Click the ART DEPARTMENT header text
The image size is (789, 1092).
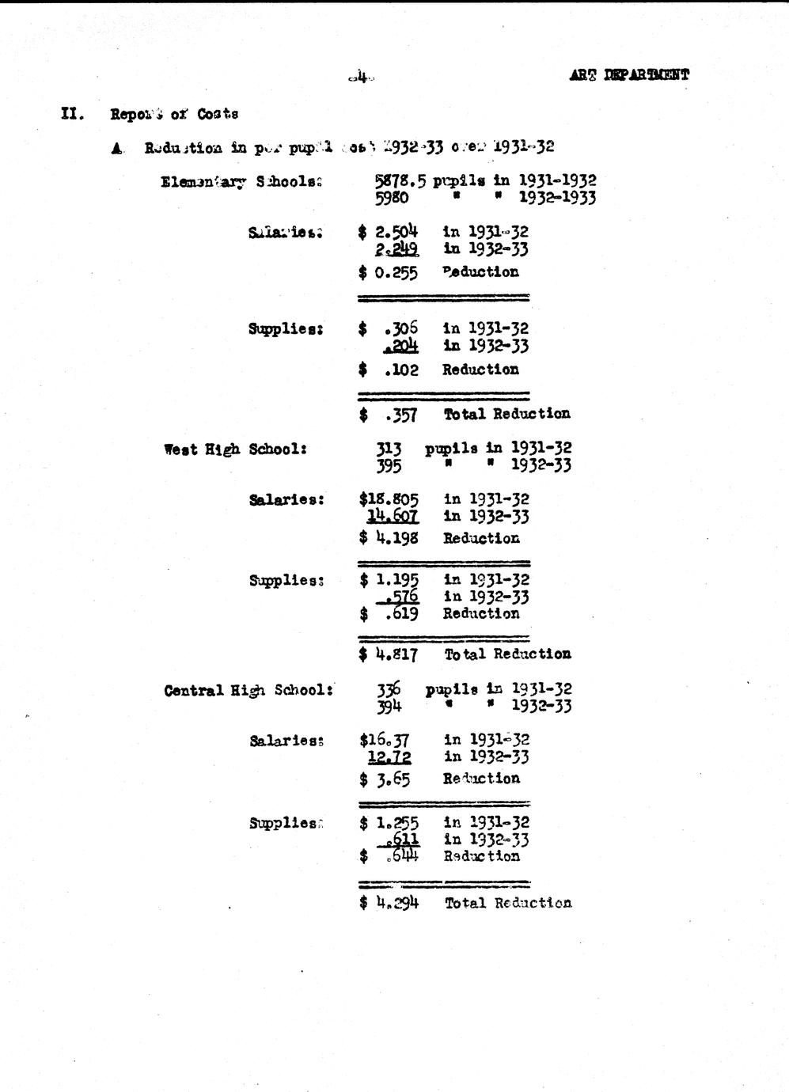[x=628, y=75]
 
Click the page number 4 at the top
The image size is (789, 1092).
[x=360, y=78]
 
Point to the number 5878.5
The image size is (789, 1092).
[x=400, y=180]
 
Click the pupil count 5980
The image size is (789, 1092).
[x=392, y=198]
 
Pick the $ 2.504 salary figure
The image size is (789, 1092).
[x=388, y=232]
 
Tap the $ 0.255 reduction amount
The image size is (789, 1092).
[x=388, y=273]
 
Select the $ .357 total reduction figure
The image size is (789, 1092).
[x=388, y=415]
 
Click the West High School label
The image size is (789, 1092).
[x=235, y=449]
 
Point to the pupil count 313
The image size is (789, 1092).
[x=389, y=449]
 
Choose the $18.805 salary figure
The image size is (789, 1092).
[x=389, y=499]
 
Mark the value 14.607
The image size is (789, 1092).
[x=393, y=517]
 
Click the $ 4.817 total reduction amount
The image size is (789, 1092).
[x=388, y=654]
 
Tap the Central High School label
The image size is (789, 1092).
[x=248, y=690]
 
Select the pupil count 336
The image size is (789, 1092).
[x=389, y=689]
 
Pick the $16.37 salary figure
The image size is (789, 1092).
[x=385, y=740]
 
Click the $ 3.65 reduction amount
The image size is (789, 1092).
[x=385, y=779]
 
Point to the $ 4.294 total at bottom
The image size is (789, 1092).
[x=388, y=903]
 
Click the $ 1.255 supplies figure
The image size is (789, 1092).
[x=389, y=823]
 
